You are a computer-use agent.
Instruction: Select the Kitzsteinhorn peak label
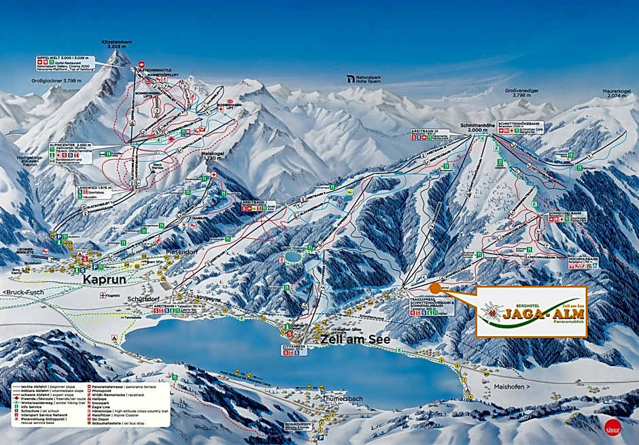[116, 45]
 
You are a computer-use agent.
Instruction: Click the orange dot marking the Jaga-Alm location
[435, 288]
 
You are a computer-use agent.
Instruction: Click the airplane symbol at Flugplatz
[101, 295]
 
